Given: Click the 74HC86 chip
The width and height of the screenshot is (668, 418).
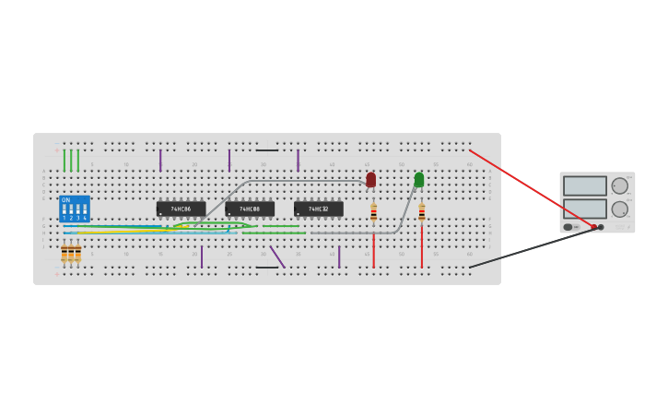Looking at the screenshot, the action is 181,209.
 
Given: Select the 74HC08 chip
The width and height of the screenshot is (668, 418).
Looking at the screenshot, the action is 250,209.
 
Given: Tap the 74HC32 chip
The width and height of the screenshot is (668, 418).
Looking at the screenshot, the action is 319,209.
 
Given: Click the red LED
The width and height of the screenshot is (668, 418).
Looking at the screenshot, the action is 371,179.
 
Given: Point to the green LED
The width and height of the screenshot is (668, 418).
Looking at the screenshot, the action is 419,179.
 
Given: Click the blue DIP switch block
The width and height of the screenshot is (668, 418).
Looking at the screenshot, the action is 75,209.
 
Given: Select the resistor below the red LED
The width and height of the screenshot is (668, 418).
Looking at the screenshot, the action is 373,213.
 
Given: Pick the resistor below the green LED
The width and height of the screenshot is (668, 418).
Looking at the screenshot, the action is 422,213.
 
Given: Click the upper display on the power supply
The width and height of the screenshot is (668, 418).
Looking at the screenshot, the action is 585,185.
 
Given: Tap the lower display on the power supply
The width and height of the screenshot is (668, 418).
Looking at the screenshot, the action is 585,209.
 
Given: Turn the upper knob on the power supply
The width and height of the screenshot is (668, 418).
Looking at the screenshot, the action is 619,185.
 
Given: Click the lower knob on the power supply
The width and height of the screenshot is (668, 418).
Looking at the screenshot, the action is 619,209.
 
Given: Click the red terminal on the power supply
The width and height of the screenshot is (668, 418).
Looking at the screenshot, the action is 593,227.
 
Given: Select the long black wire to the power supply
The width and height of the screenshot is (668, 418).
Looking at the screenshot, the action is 530,248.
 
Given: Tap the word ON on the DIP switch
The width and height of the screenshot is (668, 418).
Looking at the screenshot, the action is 65,200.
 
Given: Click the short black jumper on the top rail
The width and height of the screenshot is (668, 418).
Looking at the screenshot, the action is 267,149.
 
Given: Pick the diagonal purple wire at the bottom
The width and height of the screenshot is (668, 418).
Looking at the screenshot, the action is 277,257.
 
